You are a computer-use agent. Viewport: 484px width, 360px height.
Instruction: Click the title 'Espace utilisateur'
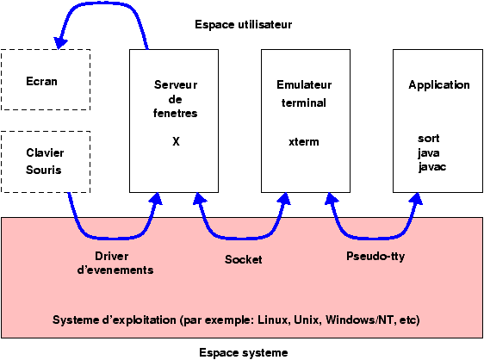coord(243,25)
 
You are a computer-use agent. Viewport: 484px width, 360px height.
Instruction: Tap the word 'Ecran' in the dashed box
coord(41,82)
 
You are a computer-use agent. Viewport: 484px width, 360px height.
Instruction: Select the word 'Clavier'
coord(45,152)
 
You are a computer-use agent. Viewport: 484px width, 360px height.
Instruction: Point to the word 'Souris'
coord(44,171)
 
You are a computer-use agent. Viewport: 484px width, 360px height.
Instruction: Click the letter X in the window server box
coord(176,142)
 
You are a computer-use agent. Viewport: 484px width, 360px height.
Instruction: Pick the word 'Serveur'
coord(176,85)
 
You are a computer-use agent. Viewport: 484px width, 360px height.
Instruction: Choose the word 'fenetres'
coord(176,114)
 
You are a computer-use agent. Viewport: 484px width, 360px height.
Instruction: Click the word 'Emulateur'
coord(304,85)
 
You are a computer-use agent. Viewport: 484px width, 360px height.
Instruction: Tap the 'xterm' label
coord(304,142)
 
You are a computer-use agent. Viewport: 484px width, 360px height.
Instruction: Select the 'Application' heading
coord(439,85)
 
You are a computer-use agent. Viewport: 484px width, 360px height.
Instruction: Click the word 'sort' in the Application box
coord(428,139)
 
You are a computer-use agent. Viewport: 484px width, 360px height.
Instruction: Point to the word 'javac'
coord(432,167)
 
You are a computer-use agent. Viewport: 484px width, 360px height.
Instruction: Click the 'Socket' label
coord(243,259)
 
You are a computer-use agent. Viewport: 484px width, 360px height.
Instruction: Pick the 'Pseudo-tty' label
coord(375,257)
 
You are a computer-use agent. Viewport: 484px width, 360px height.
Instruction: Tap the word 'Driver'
coord(112,257)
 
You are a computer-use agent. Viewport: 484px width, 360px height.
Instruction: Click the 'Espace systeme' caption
coord(243,352)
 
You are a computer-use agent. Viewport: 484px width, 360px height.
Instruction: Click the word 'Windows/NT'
coord(360,320)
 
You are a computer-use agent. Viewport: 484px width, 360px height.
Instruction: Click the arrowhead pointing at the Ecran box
coord(60,42)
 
